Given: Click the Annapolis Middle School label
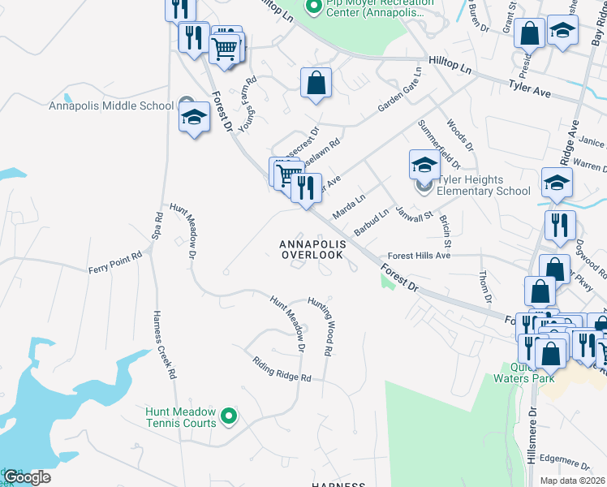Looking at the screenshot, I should pyautogui.click(x=111, y=106).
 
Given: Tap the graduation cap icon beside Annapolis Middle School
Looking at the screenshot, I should pyautogui.click(x=195, y=117).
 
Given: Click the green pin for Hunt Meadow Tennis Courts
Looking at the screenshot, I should pyautogui.click(x=230, y=417).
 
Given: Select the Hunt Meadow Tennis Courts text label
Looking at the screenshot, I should pyautogui.click(x=181, y=417).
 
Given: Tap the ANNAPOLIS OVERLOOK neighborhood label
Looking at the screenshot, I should pyautogui.click(x=312, y=249).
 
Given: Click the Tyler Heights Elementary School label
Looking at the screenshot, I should pyautogui.click(x=484, y=186).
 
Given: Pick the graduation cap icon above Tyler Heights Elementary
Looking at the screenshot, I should pyautogui.click(x=424, y=165).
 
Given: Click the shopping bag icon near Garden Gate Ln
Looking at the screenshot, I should pyautogui.click(x=316, y=83).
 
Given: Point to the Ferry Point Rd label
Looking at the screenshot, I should pyautogui.click(x=115, y=261).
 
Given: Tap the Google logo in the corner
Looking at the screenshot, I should pyautogui.click(x=26, y=477).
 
